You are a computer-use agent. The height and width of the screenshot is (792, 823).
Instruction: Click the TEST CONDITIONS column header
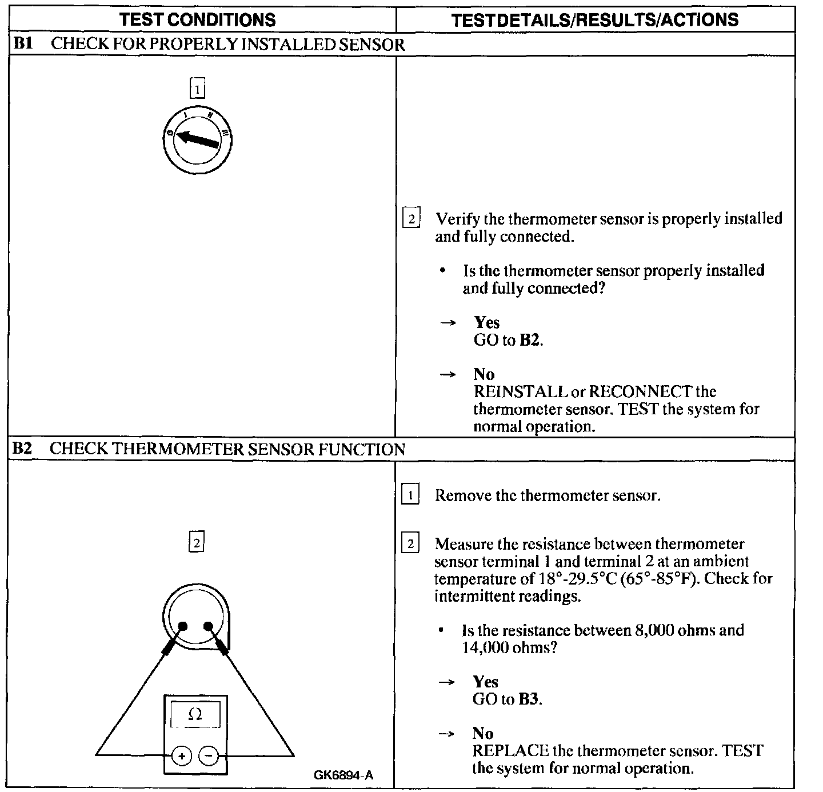pyautogui.click(x=198, y=20)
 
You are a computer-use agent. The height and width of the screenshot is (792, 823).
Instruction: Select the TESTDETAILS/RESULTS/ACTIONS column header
pyautogui.click(x=594, y=20)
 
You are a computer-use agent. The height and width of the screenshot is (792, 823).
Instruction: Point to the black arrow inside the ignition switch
pyautogui.click(x=198, y=139)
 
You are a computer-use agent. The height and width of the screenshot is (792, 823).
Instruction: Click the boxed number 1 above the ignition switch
pyautogui.click(x=197, y=90)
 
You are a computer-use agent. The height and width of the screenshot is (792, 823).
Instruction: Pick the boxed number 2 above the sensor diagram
pyautogui.click(x=196, y=542)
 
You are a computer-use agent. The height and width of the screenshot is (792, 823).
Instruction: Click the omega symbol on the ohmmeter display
pyautogui.click(x=195, y=714)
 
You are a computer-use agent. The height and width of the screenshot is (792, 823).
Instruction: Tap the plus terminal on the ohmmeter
pyautogui.click(x=182, y=756)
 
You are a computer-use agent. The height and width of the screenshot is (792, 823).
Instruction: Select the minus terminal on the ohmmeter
pyautogui.click(x=208, y=756)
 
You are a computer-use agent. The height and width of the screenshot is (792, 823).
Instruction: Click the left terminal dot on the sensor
pyautogui.click(x=183, y=626)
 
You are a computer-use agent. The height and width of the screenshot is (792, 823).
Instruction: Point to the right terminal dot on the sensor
pyautogui.click(x=208, y=626)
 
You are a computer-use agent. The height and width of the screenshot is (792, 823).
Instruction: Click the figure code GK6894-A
pyautogui.click(x=343, y=775)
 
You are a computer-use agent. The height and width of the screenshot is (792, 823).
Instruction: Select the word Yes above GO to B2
pyautogui.click(x=486, y=322)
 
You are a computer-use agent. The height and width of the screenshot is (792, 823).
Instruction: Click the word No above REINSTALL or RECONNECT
pyautogui.click(x=484, y=374)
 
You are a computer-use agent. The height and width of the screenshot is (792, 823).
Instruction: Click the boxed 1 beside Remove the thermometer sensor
pyautogui.click(x=410, y=495)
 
